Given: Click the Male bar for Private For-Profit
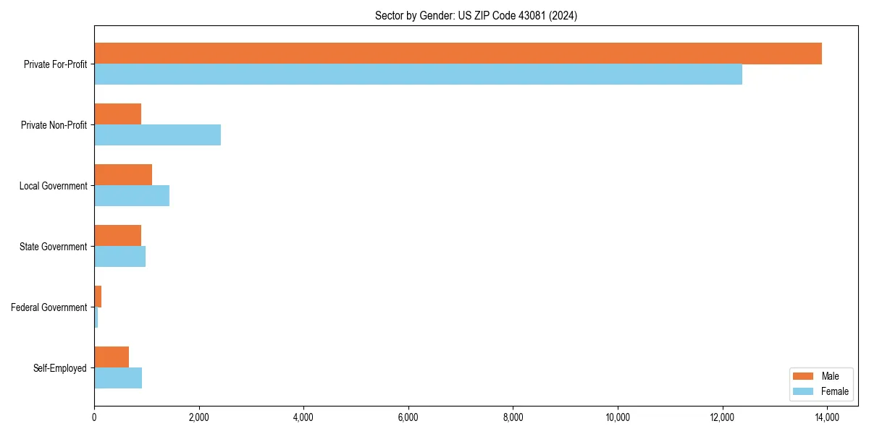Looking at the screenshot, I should pyautogui.click(x=458, y=54).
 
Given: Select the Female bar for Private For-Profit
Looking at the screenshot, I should pyautogui.click(x=418, y=75).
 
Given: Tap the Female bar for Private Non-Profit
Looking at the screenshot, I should pyautogui.click(x=157, y=135).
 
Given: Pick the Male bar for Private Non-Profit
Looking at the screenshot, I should pyautogui.click(x=117, y=114).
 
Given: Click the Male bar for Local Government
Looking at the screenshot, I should pyautogui.click(x=123, y=175).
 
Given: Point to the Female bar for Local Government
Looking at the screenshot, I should pyautogui.click(x=132, y=196).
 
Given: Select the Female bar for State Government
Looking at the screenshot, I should pyautogui.click(x=119, y=257).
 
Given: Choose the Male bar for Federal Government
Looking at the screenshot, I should pyautogui.click(x=98, y=297).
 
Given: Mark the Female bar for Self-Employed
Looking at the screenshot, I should pyautogui.click(x=118, y=378).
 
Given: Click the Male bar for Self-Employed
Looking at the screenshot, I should pyautogui.click(x=112, y=357).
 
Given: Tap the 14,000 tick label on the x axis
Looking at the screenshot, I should pyautogui.click(x=827, y=417).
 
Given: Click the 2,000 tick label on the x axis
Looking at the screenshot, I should pyautogui.click(x=198, y=417).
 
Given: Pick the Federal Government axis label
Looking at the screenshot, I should pyautogui.click(x=49, y=307).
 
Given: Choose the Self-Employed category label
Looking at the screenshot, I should pyautogui.click(x=60, y=368).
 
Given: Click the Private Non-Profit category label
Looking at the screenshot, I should pyautogui.click(x=54, y=125).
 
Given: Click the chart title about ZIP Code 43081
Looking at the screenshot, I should pyautogui.click(x=476, y=15).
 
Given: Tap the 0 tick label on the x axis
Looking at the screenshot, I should pyautogui.click(x=94, y=417).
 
